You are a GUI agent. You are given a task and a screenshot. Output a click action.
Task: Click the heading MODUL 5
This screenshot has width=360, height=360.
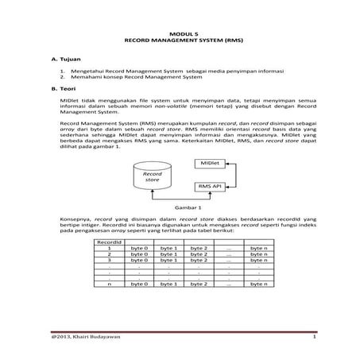tap(179, 28)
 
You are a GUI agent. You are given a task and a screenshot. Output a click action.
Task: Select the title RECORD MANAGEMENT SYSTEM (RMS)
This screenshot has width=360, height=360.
tap(179, 37)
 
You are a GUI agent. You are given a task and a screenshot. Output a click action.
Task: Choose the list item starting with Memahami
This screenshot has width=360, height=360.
tap(135, 78)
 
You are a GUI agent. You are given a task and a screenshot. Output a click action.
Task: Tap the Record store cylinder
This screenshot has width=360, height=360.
tap(151, 178)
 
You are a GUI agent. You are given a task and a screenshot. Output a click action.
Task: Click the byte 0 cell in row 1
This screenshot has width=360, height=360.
tap(138, 248)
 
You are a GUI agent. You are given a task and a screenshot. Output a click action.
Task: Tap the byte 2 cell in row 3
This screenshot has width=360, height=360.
tap(198, 260)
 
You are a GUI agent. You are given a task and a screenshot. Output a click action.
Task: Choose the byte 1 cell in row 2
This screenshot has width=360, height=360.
tap(168, 254)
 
